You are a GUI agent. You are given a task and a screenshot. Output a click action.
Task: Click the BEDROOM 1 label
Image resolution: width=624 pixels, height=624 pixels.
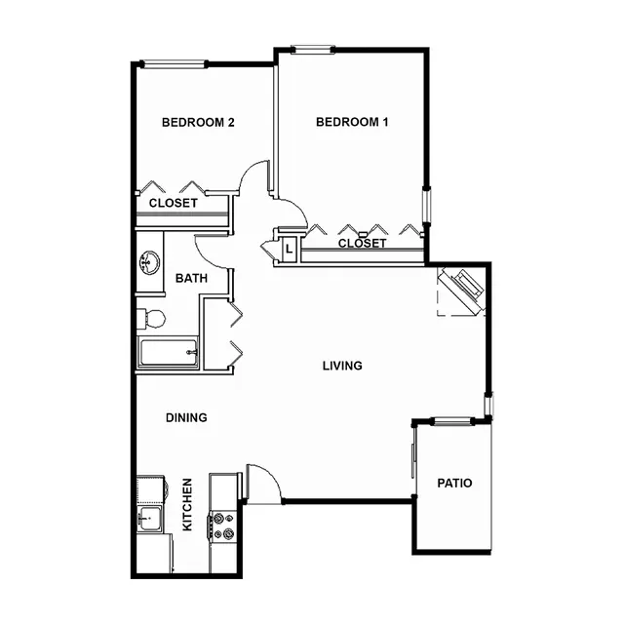pos(352,122)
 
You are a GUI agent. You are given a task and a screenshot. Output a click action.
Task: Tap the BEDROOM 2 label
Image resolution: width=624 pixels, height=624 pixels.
pos(198,122)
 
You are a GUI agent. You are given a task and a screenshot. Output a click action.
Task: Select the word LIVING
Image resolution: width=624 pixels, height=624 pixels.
pos(342,366)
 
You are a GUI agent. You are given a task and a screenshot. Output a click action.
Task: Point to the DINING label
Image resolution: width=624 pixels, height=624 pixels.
pos(186,417)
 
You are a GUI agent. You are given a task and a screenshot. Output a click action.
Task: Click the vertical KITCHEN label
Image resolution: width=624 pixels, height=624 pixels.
pos(187,504)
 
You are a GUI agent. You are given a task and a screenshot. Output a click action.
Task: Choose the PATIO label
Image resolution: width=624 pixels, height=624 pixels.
pos(454,484)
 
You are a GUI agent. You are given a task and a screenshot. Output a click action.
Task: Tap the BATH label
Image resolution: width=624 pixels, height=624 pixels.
pos(191,278)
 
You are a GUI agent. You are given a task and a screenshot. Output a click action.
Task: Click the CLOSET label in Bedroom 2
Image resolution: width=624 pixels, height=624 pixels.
pos(174,203)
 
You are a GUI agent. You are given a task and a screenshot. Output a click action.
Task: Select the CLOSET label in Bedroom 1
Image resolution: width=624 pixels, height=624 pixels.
pos(362,243)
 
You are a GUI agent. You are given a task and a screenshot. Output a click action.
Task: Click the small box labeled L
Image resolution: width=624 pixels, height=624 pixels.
pos(289,250)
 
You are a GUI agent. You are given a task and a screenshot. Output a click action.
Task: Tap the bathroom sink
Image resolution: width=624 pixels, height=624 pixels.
pos(149,262)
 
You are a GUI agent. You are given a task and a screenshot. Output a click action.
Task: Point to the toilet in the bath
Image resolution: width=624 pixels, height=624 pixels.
pos(151,319)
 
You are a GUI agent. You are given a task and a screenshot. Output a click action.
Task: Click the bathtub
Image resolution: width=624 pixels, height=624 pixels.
pos(168,353)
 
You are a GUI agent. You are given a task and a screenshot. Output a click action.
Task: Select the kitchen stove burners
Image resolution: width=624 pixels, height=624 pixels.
pos(223,526)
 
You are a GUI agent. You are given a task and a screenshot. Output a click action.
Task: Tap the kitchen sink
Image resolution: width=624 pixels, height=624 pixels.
pos(149,519)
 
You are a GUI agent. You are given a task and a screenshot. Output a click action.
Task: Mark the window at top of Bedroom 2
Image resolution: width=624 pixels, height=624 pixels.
pos(175,63)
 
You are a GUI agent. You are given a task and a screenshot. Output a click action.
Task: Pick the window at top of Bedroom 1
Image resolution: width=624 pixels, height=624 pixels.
pos(313,50)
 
